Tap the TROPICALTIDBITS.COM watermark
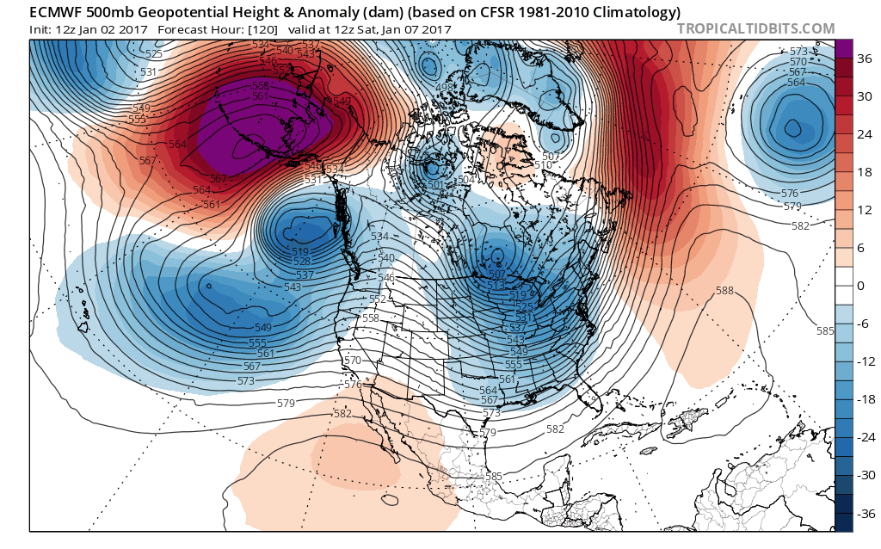click(x=755, y=28)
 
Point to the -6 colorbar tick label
click(x=861, y=324)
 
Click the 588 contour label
click(x=724, y=291)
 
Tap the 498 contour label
click(x=445, y=87)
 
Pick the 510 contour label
click(x=543, y=165)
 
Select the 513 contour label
click(x=496, y=285)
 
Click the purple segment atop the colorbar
click(x=844, y=48)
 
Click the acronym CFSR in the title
click(x=480, y=12)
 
